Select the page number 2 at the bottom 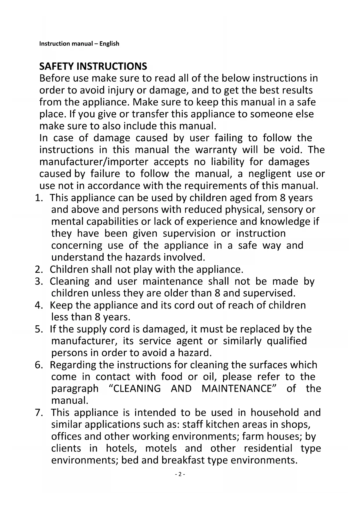(180, 474)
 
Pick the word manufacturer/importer (94, 162)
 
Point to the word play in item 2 (143, 270)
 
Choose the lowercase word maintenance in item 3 (173, 281)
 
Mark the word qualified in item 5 (287, 341)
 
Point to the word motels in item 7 (161, 448)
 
